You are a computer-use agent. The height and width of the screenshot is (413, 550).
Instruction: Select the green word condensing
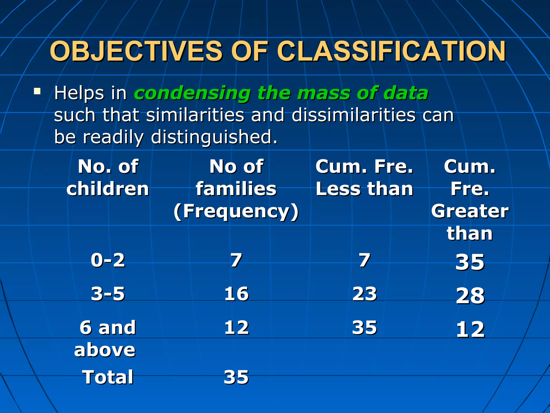tap(192, 93)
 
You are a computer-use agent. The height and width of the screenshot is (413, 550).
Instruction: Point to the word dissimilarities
tap(353, 115)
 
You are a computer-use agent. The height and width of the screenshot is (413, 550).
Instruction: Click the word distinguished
tap(214, 137)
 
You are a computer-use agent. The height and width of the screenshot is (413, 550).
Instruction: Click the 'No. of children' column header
tap(108, 177)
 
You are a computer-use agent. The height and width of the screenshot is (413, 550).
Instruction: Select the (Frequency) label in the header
tap(236, 211)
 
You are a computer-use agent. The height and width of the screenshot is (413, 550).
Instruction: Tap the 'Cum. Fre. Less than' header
tap(364, 177)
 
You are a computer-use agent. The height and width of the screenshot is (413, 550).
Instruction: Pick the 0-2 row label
tap(108, 260)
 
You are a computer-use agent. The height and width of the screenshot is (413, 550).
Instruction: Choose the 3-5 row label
tap(108, 294)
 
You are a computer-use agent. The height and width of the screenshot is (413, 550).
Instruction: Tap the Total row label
tap(108, 377)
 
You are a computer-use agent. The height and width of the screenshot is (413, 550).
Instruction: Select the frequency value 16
tap(236, 294)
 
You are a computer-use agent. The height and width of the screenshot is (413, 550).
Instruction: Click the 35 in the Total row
tap(236, 377)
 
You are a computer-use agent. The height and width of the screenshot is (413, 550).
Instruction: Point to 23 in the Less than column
tap(364, 294)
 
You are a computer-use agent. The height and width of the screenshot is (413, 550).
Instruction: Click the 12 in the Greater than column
tap(470, 329)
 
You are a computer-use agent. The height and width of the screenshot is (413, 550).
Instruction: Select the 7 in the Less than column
tap(364, 260)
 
